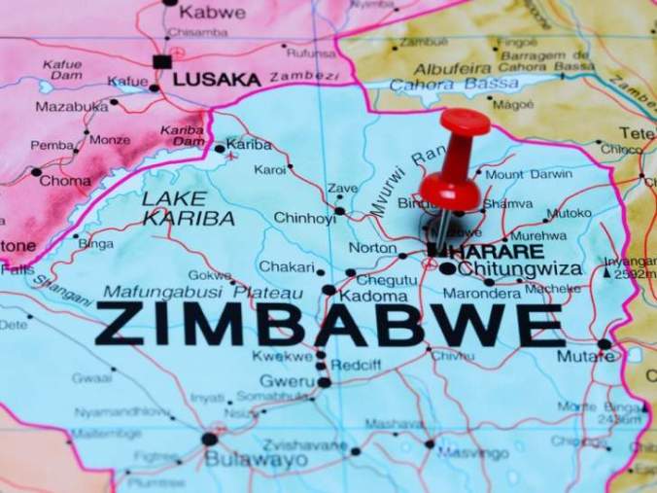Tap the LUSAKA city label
click(x=217, y=80)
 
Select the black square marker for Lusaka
click(x=161, y=61)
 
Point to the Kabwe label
click(x=212, y=13)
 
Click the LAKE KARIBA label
click(x=188, y=208)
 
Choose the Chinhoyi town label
click(x=304, y=218)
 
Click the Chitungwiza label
click(x=520, y=268)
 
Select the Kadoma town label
click(x=373, y=295)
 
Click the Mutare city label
click(x=585, y=356)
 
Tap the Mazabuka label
click(x=72, y=105)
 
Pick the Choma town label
click(x=65, y=180)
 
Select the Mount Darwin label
click(x=529, y=174)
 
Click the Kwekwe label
click(x=283, y=356)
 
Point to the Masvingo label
click(x=472, y=453)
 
